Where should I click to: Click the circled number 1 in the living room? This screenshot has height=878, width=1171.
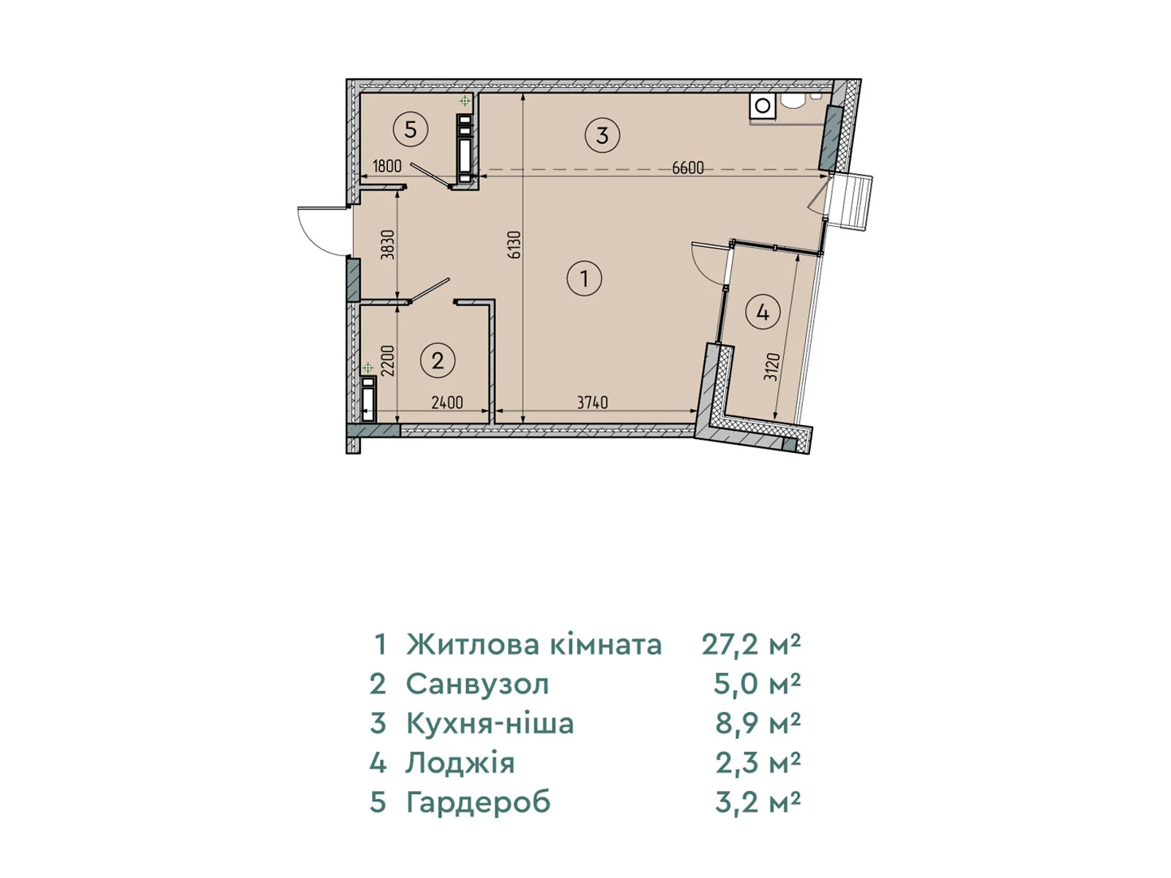pos(584,278)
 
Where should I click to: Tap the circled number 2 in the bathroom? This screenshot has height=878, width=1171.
pos(438,361)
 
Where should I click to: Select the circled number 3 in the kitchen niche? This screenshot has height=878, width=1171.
pos(602,135)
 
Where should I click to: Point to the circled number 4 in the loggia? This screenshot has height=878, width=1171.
pos(763,312)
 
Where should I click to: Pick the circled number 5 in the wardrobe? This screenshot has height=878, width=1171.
pos(411,129)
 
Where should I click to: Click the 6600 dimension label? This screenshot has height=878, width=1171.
pos(688,168)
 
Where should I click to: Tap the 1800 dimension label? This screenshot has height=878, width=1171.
pos(386,166)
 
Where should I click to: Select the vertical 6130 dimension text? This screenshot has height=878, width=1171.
pos(515,244)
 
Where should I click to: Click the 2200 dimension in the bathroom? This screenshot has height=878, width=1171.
pos(388,361)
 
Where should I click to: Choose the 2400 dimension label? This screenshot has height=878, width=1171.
pos(447,402)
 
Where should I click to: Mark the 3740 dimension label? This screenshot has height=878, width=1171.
pos(592,402)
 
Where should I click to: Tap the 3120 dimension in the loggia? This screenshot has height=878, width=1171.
pos(772,367)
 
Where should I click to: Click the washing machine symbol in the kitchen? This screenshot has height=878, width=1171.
pos(763,105)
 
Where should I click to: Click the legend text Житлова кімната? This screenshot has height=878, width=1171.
pos(534,645)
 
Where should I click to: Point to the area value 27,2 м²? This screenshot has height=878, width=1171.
pos(751,645)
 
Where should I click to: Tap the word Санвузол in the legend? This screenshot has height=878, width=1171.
pos(477,684)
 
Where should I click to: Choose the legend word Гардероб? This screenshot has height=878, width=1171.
pos(479,803)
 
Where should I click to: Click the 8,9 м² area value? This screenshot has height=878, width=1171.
pos(758,724)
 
